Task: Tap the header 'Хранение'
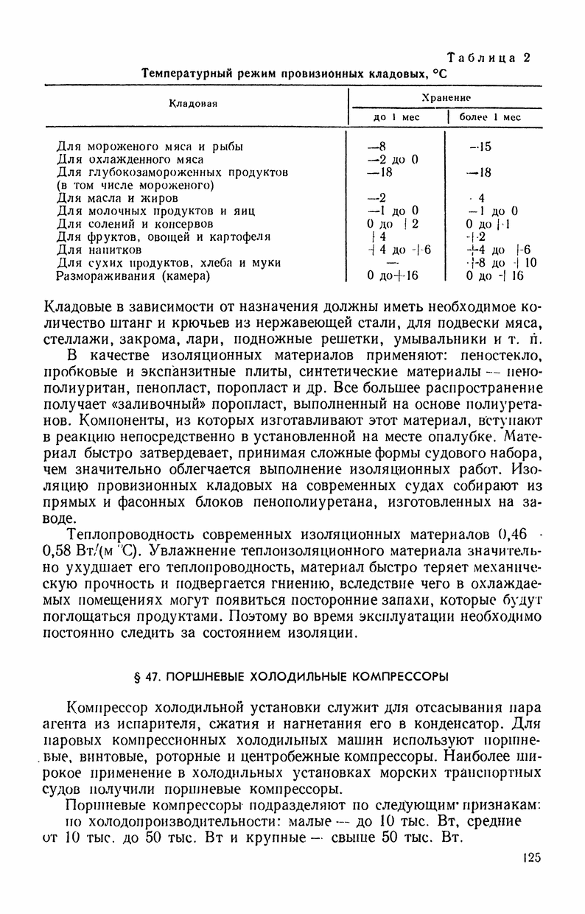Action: point(446,96)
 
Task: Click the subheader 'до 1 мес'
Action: point(396,116)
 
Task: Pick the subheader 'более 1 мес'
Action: point(490,116)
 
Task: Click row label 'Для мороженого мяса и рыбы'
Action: point(150,146)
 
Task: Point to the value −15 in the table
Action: point(480,146)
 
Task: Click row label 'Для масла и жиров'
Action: point(117,198)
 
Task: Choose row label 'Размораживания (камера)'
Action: point(133,276)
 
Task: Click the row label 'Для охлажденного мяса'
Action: point(130,159)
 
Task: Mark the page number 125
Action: point(529,857)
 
